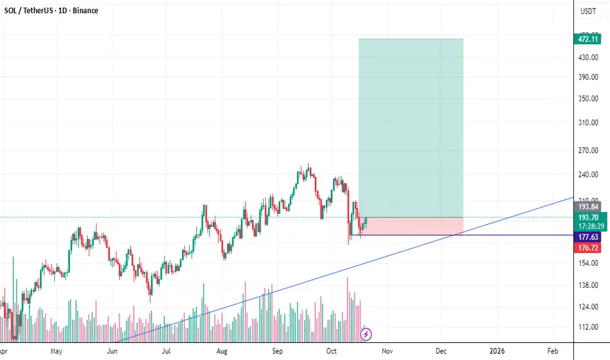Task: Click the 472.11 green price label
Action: click(586, 39)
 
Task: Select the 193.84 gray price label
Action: click(586, 207)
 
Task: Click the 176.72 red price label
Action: click(586, 249)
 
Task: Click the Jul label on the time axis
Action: click(167, 351)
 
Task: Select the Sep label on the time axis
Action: click(278, 351)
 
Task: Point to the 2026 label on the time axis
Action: click(497, 351)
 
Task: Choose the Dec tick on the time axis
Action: click(441, 351)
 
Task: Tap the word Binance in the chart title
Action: click(84, 11)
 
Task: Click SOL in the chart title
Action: click(11, 11)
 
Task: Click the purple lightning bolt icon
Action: click(367, 334)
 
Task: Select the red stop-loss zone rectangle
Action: click(411, 226)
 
